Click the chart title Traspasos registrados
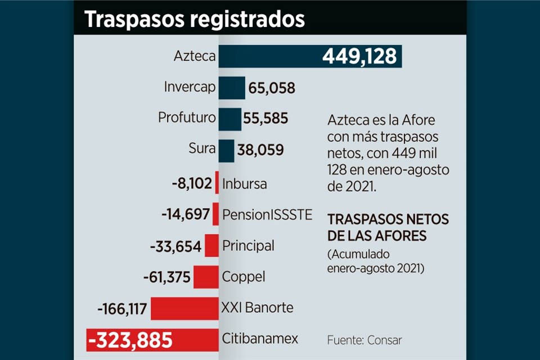click(195, 19)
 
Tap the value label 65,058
click(272, 88)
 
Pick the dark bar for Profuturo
click(230, 119)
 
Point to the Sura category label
click(202, 149)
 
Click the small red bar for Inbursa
click(217, 183)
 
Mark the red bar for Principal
click(211, 246)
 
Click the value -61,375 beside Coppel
click(167, 277)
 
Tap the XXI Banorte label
click(258, 308)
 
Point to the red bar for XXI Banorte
click(184, 308)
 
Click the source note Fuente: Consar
click(364, 340)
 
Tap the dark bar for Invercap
click(232, 88)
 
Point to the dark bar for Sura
click(226, 150)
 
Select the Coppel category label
click(244, 277)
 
